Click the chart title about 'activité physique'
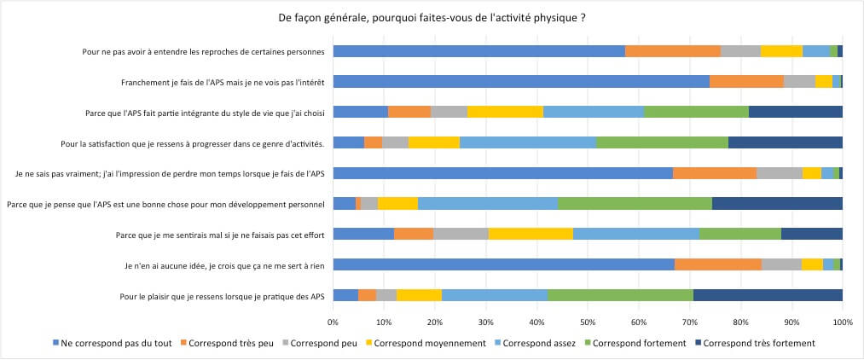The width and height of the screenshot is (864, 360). [432, 18]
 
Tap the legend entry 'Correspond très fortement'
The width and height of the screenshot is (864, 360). [754, 343]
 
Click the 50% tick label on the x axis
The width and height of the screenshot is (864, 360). [588, 322]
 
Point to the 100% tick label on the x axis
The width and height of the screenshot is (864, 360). [842, 322]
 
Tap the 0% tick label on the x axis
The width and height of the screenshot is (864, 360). [333, 322]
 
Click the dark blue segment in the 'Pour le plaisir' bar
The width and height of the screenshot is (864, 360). [768, 295]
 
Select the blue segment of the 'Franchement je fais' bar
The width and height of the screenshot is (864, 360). [520, 82]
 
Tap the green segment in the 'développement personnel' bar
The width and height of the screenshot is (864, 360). [635, 204]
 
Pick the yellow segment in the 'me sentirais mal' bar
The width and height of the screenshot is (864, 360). [531, 234]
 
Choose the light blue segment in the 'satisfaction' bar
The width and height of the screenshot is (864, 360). [527, 142]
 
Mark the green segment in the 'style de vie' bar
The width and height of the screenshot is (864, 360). [696, 112]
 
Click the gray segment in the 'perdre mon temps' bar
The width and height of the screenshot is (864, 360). [779, 173]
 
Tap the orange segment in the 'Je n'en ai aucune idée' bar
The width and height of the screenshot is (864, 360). [717, 264]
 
